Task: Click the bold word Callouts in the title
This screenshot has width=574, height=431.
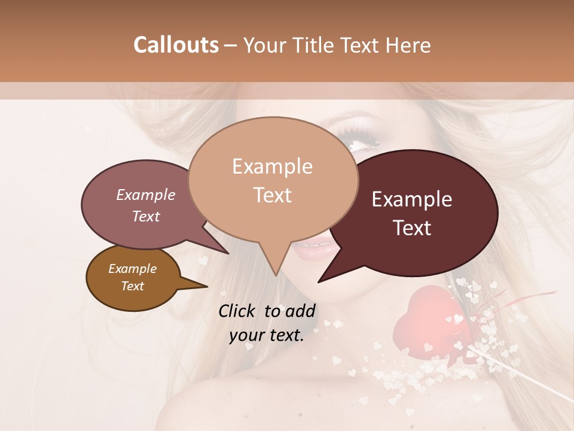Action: click(x=176, y=45)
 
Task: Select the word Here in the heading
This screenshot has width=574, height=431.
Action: click(x=408, y=45)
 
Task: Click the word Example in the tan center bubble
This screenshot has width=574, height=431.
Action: click(x=272, y=166)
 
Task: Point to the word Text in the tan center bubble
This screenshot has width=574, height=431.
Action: click(x=272, y=195)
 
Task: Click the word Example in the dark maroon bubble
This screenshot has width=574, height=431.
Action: click(x=412, y=199)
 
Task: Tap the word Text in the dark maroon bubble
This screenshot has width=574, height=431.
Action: click(x=412, y=228)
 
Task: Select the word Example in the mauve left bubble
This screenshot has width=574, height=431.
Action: click(x=145, y=195)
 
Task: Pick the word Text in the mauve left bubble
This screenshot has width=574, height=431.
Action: click(x=145, y=216)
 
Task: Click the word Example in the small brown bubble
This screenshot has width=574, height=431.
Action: click(x=132, y=269)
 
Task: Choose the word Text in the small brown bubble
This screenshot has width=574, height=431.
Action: click(x=132, y=286)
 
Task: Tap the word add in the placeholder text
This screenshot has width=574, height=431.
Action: click(x=300, y=311)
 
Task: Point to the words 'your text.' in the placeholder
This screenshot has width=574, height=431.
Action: click(x=267, y=335)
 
